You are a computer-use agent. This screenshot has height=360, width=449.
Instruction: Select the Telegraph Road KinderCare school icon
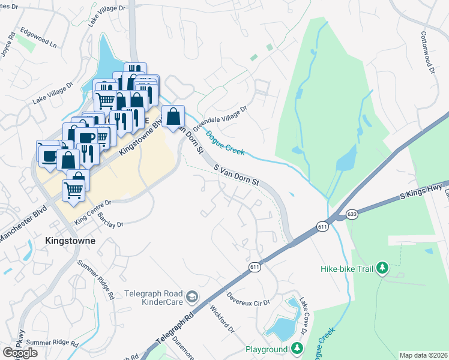(x=191, y=296)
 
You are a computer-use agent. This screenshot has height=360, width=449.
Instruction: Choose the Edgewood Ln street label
(x=37, y=36)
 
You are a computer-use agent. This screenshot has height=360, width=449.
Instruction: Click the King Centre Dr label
(x=93, y=213)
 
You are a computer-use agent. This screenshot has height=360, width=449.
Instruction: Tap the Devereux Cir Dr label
(x=249, y=299)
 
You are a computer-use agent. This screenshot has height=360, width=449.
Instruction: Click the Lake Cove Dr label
(x=304, y=313)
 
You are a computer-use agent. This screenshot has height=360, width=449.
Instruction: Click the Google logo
(x=20, y=353)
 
